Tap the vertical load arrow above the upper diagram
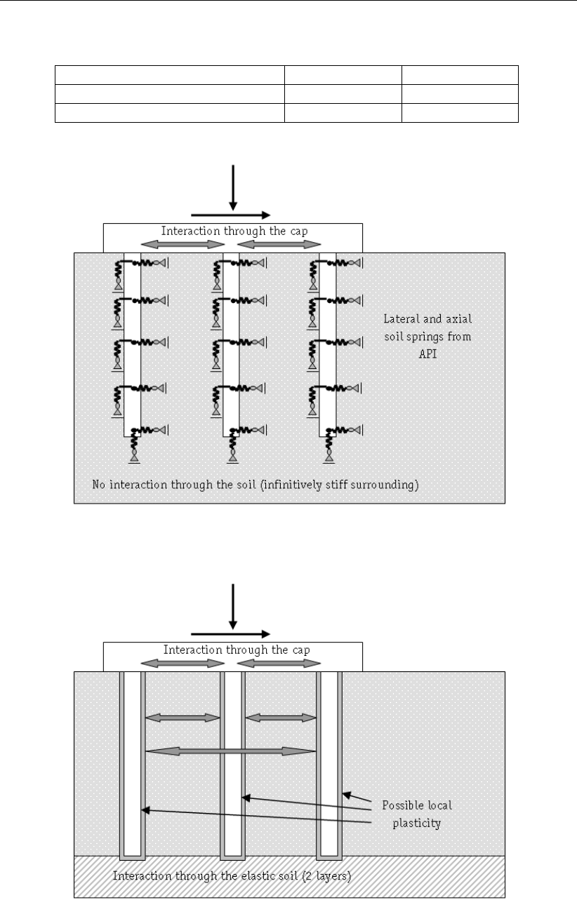click(x=232, y=185)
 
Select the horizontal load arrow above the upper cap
click(x=229, y=215)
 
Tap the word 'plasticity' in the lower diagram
click(x=417, y=824)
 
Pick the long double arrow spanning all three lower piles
click(x=230, y=751)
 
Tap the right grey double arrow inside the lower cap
click(x=279, y=663)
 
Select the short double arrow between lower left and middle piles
click(x=183, y=717)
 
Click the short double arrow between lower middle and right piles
click(x=281, y=717)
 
